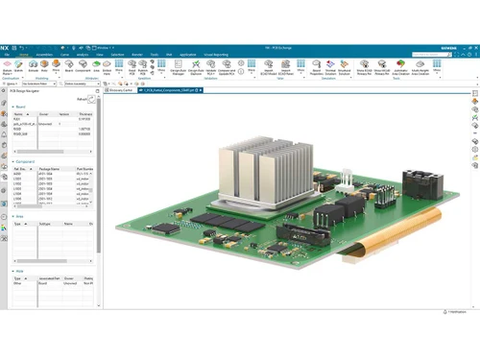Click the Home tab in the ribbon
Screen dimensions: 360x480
[22, 55]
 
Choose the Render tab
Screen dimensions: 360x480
[137, 55]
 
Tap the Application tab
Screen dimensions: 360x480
[187, 55]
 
